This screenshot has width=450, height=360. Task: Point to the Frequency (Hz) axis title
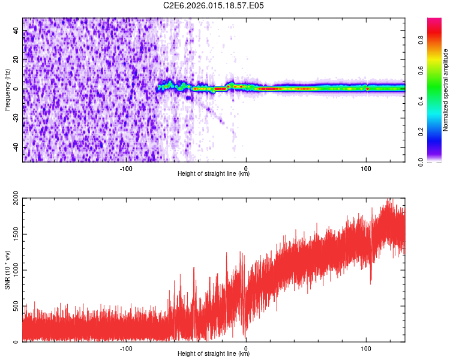pos(7,90)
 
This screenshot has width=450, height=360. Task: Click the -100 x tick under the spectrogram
pos(125,167)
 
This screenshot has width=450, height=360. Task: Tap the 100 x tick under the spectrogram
pos(366,167)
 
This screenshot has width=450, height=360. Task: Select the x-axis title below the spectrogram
pos(214,174)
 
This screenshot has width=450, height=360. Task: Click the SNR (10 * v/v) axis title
pos(7,270)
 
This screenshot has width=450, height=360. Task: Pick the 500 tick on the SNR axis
pos(14,306)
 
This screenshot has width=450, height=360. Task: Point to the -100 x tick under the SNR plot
pos(125,348)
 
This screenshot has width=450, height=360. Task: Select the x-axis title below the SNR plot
pos(214,354)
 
